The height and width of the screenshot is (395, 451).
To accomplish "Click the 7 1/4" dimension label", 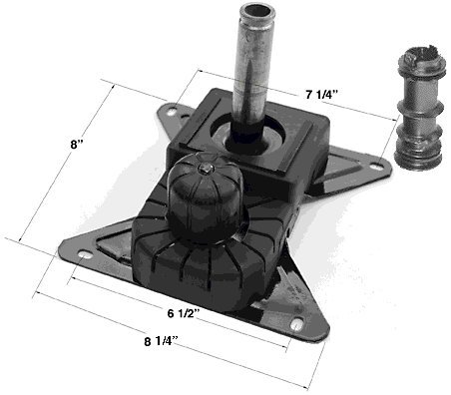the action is [x=321, y=95].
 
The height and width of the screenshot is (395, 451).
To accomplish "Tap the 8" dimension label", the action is [x=77, y=145].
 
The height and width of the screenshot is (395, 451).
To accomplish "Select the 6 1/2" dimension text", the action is [x=184, y=313].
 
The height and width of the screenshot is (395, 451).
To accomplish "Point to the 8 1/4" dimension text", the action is [x=161, y=341].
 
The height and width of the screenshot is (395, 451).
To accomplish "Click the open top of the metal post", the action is [x=258, y=12].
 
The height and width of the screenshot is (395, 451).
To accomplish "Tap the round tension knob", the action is [x=204, y=197].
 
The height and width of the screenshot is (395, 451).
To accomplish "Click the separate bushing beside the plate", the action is [x=419, y=109].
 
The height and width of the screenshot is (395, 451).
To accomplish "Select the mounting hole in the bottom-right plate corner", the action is [x=297, y=324].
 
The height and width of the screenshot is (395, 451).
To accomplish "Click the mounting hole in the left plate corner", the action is [x=86, y=255].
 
